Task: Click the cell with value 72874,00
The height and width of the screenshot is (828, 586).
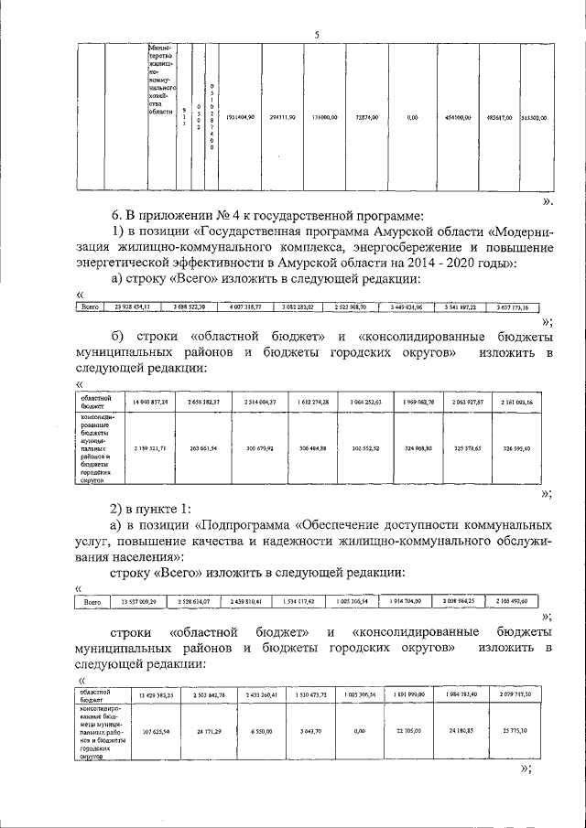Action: tap(373, 117)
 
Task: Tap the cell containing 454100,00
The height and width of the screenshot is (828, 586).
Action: tap(458, 117)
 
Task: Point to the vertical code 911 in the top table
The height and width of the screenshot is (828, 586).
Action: tap(184, 117)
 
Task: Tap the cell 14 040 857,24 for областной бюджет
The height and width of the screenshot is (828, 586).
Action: tap(150, 403)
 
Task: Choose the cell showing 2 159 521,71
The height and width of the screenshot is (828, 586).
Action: tap(150, 448)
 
